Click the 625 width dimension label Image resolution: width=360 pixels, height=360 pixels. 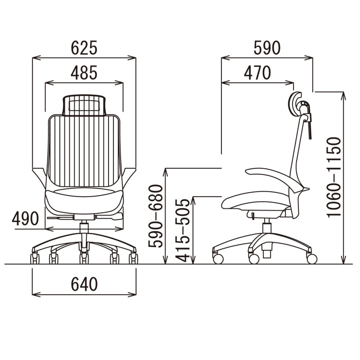(84, 48)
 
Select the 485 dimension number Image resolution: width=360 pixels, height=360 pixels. (84, 73)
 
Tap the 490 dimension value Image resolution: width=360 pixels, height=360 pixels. (26, 219)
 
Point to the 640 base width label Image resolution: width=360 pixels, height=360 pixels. (84, 284)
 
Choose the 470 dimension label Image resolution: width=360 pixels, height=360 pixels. (257, 73)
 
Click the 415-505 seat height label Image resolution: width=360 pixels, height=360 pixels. (183, 230)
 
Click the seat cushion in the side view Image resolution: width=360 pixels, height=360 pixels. (254, 201)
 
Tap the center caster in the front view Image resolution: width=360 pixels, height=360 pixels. (84, 259)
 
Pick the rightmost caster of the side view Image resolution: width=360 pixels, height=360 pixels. (311, 259)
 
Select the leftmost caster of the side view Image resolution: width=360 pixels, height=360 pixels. (218, 259)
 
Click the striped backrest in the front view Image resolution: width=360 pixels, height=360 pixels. (84, 151)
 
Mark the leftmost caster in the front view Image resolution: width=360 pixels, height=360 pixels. (34, 259)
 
